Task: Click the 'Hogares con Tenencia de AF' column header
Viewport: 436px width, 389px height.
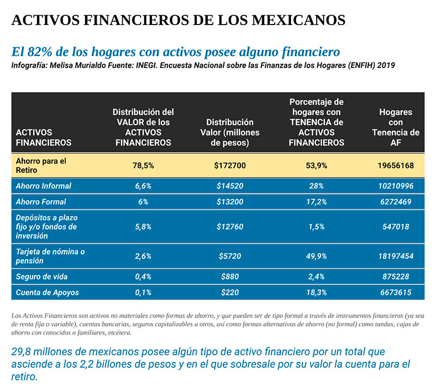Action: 395,127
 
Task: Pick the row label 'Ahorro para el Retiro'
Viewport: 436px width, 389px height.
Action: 41,165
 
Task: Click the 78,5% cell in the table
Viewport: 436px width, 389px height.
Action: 143,166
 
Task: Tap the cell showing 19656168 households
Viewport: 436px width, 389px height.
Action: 395,166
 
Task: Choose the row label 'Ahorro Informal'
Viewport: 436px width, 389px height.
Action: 44,186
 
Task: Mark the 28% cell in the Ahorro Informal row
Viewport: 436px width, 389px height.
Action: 316,186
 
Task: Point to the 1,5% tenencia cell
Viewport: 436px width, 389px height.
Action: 316,227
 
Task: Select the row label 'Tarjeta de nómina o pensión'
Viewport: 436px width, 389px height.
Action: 50,256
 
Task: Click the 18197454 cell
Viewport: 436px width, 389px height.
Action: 395,256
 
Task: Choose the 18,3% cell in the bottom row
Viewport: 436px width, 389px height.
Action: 316,293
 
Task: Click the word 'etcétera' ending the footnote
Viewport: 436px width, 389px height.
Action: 116,332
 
